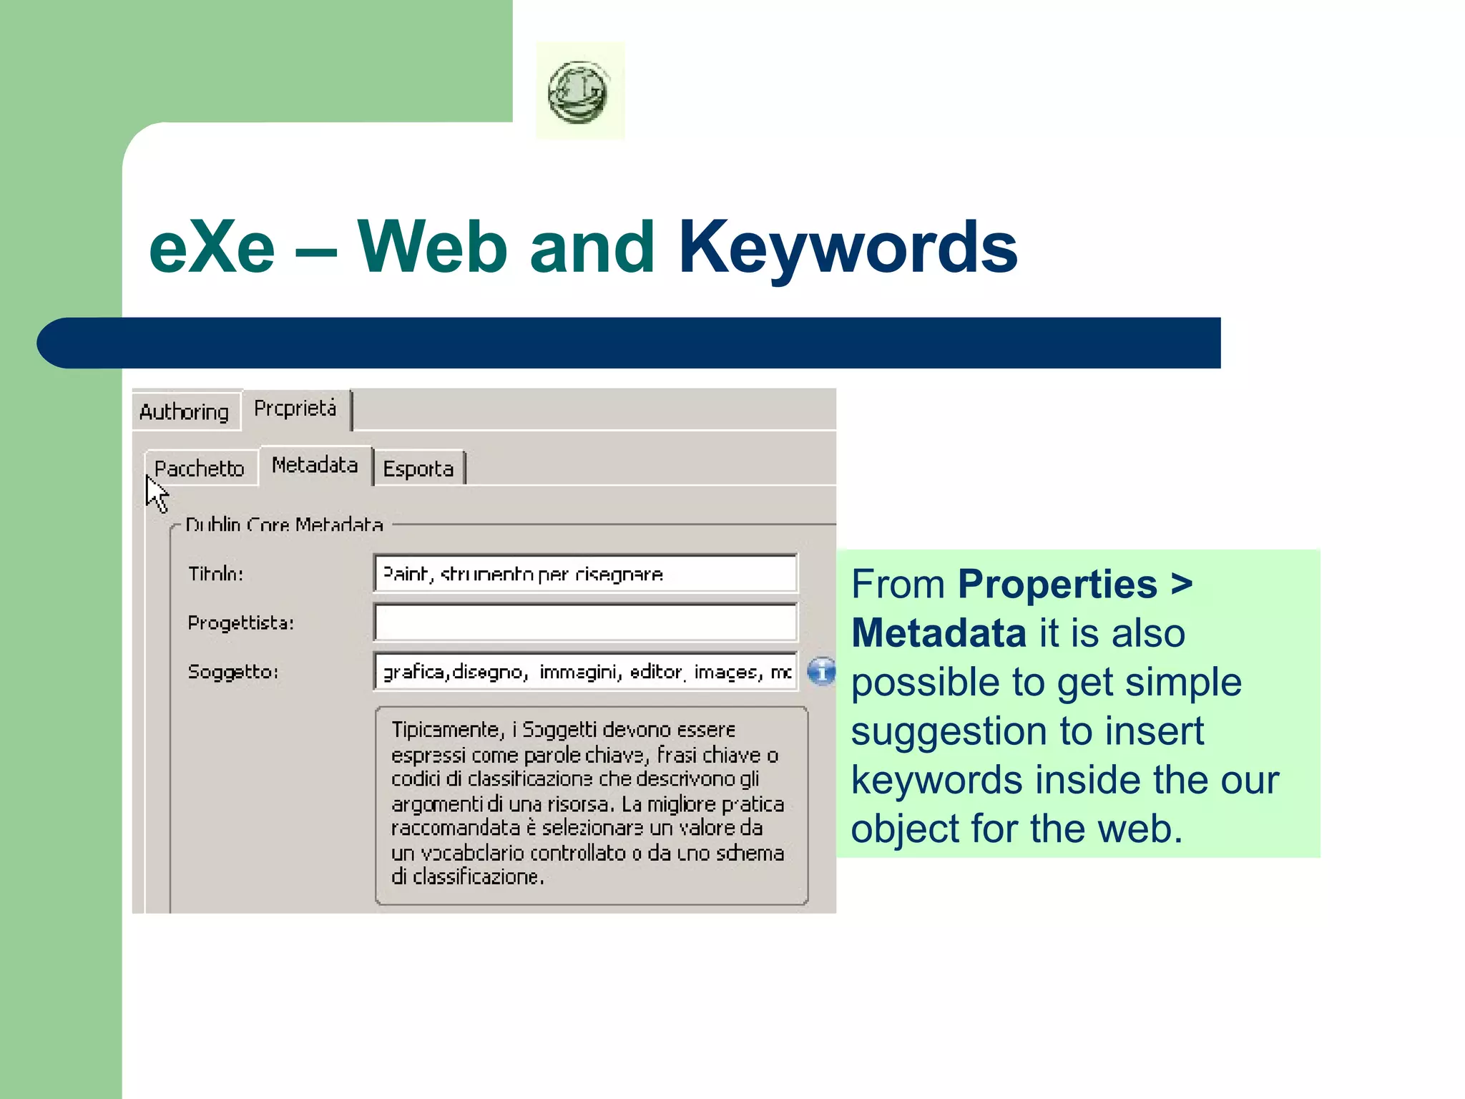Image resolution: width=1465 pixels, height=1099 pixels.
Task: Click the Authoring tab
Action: pyautogui.click(x=185, y=412)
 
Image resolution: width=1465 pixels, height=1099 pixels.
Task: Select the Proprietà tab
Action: pyautogui.click(x=295, y=409)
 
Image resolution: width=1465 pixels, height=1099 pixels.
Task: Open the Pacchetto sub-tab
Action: pyautogui.click(x=200, y=469)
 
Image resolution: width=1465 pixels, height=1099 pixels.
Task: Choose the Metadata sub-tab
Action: pyautogui.click(x=315, y=466)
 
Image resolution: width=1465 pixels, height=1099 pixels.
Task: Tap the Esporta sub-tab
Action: pyautogui.click(x=418, y=469)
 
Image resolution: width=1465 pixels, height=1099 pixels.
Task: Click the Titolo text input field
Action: pyautogui.click(x=585, y=574)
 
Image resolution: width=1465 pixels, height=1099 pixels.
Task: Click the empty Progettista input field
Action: pyautogui.click(x=585, y=622)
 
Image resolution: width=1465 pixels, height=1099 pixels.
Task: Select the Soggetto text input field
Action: pyautogui.click(x=585, y=672)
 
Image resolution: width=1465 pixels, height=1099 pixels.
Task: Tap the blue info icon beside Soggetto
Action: pyautogui.click(x=821, y=672)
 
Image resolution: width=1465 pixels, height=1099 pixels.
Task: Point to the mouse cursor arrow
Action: pyautogui.click(x=156, y=494)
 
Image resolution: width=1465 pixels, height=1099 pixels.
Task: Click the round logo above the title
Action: pyautogui.click(x=579, y=92)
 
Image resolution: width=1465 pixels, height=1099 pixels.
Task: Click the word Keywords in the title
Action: pyautogui.click(x=848, y=248)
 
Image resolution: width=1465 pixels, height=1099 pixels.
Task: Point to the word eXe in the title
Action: pyautogui.click(x=212, y=248)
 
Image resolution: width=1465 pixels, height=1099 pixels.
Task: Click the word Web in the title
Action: pyautogui.click(x=433, y=248)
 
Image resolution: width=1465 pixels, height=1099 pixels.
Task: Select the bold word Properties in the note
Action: pyautogui.click(x=1057, y=585)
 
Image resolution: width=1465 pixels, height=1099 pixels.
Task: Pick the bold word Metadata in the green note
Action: pyautogui.click(x=939, y=634)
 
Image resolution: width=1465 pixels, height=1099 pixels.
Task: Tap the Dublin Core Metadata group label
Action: pyautogui.click(x=284, y=525)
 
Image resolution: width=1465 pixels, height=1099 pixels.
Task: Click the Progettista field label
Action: pyautogui.click(x=241, y=623)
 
